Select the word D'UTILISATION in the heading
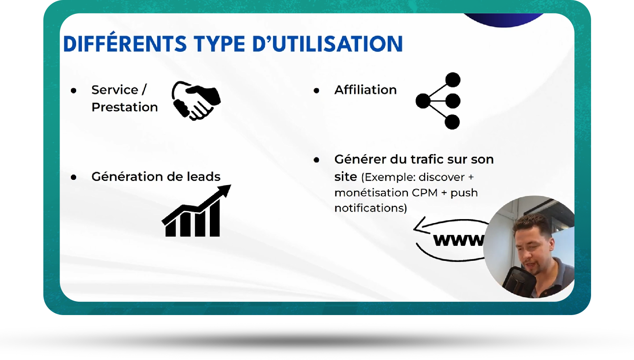point(327,44)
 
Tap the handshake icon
point(196,101)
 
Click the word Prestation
point(124,107)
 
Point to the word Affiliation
point(365,90)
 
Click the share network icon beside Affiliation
point(438,101)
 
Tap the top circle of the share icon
point(453,80)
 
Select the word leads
point(203,177)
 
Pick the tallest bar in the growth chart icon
point(215,218)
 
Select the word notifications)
point(371,208)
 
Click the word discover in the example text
point(442,177)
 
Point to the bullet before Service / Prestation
point(74,91)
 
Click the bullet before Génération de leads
point(74,177)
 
